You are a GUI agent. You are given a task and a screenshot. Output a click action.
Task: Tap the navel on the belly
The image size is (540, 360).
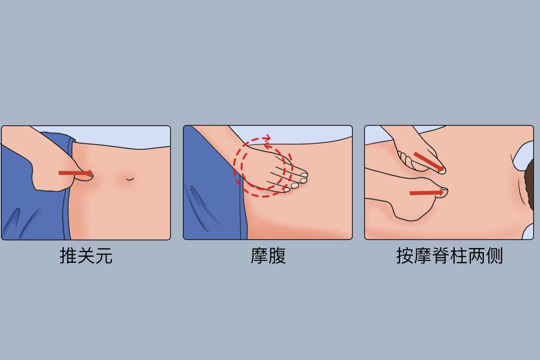coord(130,179)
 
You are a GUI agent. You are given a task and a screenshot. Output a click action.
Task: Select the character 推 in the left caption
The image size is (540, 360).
coord(68,256)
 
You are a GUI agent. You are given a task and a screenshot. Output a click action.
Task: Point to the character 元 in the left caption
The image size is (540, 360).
coord(104,256)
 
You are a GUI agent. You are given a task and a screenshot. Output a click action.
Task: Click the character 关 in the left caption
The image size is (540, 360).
coord(86,256)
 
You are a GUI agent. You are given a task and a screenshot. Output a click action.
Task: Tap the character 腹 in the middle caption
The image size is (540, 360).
coord(277,256)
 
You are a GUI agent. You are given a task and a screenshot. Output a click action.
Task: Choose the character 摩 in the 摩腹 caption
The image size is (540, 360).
coord(259,256)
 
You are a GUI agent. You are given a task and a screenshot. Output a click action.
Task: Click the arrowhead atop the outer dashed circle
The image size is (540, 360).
coord(267,138)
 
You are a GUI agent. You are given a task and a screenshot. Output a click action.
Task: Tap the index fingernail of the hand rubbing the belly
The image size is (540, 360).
coord(304,175)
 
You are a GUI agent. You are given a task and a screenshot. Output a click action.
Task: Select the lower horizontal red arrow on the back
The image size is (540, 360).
coord(426,193)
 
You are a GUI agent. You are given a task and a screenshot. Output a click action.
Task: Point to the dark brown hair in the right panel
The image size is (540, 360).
coord(529,184)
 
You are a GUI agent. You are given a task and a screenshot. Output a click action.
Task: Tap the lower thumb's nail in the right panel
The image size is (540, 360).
coord(445,191)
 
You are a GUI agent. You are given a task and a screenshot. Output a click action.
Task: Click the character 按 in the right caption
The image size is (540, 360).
coord(405,256)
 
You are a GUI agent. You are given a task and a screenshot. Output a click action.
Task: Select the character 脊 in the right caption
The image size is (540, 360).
coord(441,256)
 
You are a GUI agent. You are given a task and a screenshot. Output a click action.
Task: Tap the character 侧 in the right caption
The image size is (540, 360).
coord(494,256)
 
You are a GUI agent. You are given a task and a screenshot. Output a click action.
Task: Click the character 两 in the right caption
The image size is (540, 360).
coord(476,256)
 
